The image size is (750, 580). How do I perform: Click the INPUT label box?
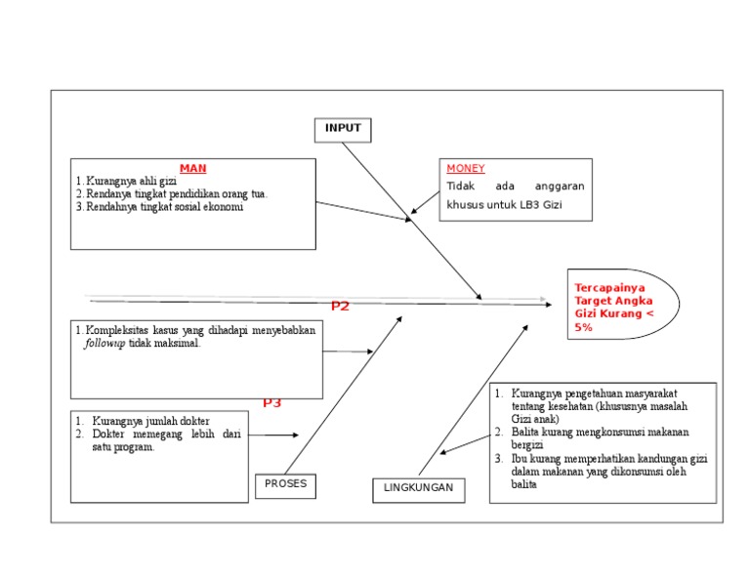click(343, 129)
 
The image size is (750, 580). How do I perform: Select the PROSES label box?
click(285, 484)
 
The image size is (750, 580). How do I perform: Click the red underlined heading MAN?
click(192, 169)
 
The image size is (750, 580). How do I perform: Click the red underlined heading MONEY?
click(466, 169)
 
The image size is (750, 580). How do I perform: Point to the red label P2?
click(340, 307)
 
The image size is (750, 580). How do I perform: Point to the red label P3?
click(271, 402)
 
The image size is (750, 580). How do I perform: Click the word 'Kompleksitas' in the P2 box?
click(116, 331)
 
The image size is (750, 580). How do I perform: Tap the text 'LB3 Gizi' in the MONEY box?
click(541, 206)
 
